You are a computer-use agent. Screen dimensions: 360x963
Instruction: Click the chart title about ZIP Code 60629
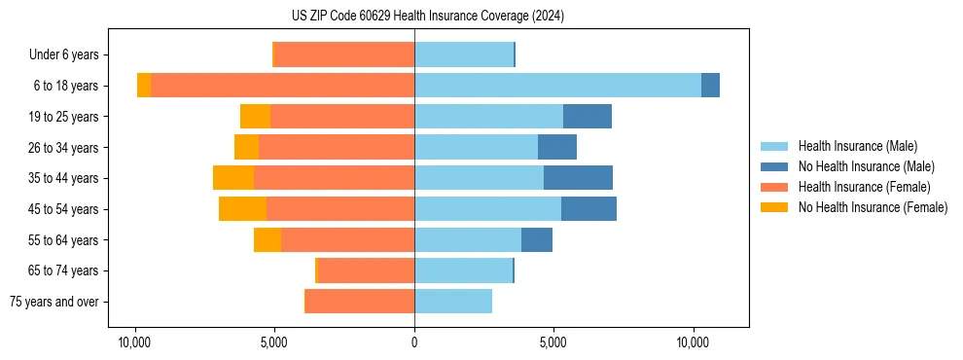pyautogui.click(x=427, y=17)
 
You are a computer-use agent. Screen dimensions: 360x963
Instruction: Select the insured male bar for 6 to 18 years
pyautogui.click(x=557, y=86)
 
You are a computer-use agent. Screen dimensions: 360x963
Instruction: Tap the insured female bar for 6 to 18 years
pyautogui.click(x=282, y=86)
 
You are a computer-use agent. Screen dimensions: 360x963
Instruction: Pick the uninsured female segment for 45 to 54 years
pyautogui.click(x=242, y=209)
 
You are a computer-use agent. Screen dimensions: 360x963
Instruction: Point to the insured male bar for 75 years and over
pyautogui.click(x=453, y=302)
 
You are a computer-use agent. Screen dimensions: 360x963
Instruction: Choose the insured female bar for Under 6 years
pyautogui.click(x=344, y=54)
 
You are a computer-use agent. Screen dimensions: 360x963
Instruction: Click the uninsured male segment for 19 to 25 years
pyautogui.click(x=588, y=117)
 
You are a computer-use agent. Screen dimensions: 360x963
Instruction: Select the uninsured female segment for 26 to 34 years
pyautogui.click(x=246, y=147)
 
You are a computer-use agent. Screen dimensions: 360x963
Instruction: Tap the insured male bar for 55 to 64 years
pyautogui.click(x=468, y=239)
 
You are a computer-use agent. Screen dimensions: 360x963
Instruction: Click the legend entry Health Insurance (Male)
pyautogui.click(x=857, y=146)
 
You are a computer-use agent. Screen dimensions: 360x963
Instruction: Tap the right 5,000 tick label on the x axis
pyautogui.click(x=553, y=342)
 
